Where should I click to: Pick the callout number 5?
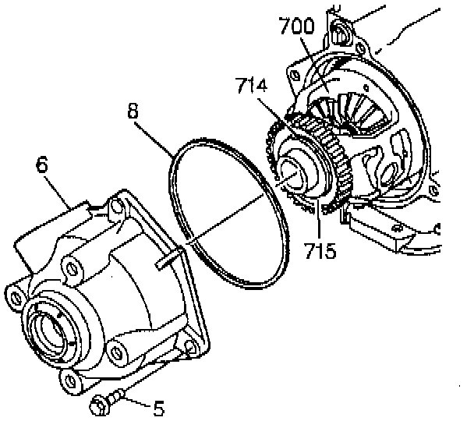[x=158, y=405]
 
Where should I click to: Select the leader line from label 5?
[x=136, y=402]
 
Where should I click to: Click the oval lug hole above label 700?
[x=340, y=33]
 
